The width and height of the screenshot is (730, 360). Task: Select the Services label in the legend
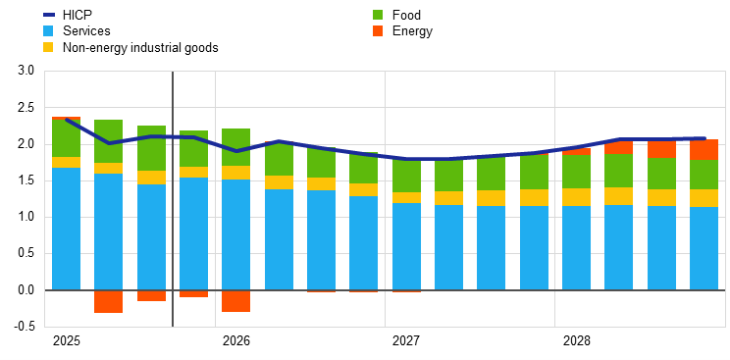(x=86, y=31)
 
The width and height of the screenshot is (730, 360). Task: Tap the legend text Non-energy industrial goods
(x=139, y=47)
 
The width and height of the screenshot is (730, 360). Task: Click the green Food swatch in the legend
(x=378, y=15)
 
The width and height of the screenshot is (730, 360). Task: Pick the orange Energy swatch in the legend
(x=378, y=31)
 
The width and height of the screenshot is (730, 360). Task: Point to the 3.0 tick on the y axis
(x=26, y=72)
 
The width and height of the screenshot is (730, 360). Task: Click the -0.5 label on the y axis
(x=24, y=327)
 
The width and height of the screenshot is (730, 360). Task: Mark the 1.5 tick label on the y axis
(x=26, y=180)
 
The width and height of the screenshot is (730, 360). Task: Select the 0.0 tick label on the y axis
(x=26, y=290)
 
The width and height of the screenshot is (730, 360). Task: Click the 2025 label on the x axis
(x=66, y=341)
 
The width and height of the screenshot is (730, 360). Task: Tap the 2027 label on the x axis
(x=406, y=341)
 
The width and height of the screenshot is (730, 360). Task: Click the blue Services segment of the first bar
(x=66, y=229)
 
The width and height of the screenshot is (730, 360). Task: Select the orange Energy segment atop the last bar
(x=704, y=150)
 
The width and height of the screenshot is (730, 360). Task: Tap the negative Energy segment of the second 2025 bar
(x=108, y=301)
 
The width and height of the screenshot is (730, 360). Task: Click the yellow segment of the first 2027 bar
(x=406, y=197)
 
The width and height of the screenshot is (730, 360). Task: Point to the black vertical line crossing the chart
(x=173, y=196)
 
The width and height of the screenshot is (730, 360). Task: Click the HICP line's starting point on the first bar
(x=66, y=120)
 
